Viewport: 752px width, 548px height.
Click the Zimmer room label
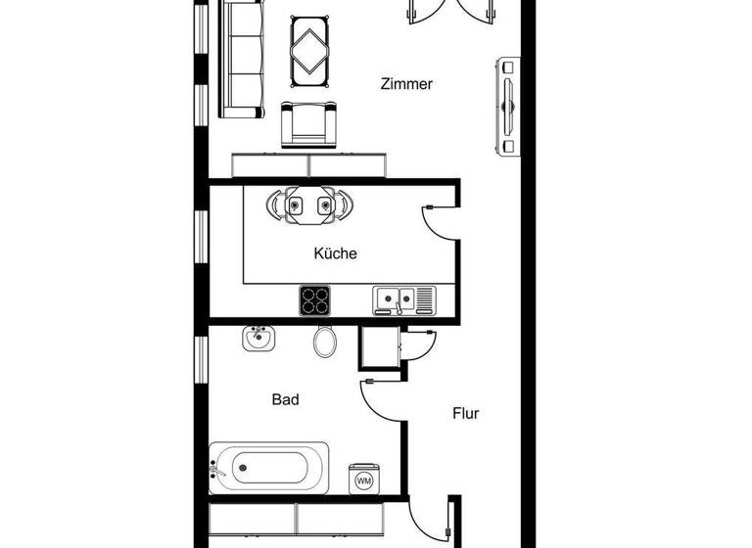[x=406, y=84]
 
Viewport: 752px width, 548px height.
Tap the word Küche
[x=335, y=253]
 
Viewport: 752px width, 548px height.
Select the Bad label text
[x=285, y=399]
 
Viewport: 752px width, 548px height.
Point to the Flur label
[x=465, y=413]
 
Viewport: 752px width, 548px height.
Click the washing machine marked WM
[x=364, y=479]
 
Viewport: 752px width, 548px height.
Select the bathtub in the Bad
[x=269, y=468]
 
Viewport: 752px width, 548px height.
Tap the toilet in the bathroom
[x=326, y=342]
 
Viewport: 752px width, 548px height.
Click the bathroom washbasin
[x=258, y=340]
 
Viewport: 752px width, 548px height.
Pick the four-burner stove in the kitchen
[x=317, y=299]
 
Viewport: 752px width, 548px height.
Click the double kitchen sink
[x=402, y=298]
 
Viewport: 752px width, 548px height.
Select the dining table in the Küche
[x=308, y=205]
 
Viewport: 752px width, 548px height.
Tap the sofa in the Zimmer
[x=241, y=59]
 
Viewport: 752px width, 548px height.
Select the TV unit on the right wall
[x=508, y=105]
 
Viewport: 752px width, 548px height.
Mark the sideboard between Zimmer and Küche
[x=308, y=164]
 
